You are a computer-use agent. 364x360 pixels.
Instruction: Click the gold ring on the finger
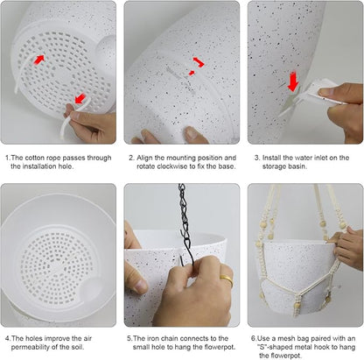(x=227, y=280)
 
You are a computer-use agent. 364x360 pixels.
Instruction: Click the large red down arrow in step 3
(x=293, y=81)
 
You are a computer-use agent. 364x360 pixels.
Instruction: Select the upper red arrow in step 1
(x=39, y=60)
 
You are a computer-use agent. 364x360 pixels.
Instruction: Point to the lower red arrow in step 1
(x=80, y=98)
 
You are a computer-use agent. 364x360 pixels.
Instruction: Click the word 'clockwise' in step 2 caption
(x=172, y=166)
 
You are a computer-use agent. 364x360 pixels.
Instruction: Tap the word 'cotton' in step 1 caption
(x=35, y=158)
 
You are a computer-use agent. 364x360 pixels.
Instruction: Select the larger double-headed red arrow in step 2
(x=199, y=62)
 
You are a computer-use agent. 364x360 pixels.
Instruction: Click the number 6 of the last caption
(x=254, y=339)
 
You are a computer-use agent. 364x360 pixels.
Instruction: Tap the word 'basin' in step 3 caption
(x=297, y=166)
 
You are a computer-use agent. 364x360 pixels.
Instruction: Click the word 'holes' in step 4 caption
(x=34, y=338)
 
